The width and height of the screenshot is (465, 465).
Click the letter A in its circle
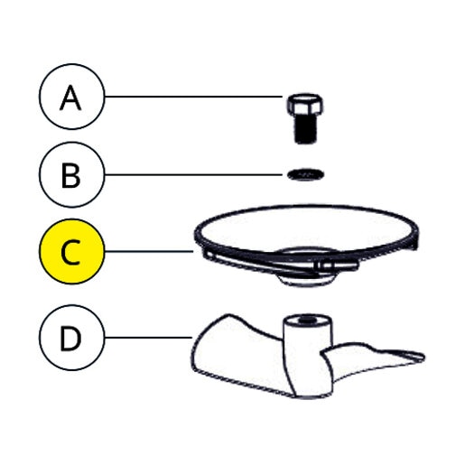(70, 98)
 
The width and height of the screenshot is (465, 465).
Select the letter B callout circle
(71, 174)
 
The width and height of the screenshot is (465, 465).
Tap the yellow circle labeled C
(71, 251)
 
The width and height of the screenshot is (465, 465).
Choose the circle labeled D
(71, 338)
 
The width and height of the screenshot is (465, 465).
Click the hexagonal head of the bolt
(305, 106)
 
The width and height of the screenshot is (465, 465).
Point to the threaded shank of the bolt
(305, 130)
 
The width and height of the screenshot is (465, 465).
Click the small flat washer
(306, 174)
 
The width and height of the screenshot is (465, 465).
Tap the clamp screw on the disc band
(337, 266)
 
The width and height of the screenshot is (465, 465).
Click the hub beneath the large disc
(306, 280)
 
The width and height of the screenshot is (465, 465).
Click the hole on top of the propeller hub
(306, 320)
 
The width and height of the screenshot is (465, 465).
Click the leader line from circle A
(193, 97)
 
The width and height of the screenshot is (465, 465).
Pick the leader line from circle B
(193, 174)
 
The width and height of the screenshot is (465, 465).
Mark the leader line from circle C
(149, 251)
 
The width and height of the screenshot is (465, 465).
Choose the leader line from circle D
(148, 338)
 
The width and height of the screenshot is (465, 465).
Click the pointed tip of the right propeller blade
(423, 358)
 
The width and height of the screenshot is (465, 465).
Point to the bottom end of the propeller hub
(310, 396)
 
